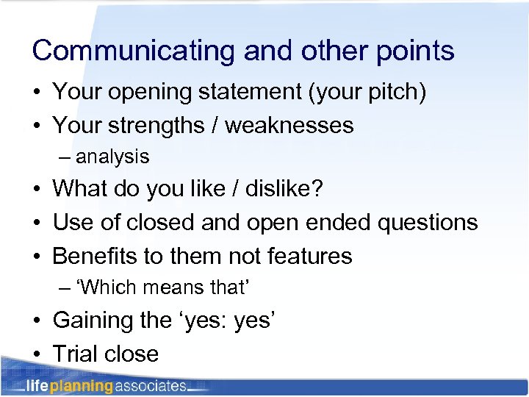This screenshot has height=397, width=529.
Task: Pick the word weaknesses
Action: (289, 126)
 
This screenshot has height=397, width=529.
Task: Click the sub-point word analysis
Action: (112, 157)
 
